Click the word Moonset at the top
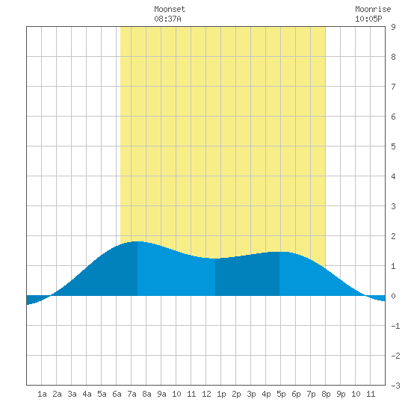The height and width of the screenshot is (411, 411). click(x=170, y=9)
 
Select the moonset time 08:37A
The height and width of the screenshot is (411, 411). click(x=167, y=19)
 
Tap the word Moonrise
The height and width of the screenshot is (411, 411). click(x=373, y=9)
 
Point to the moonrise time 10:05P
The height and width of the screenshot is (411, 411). click(x=368, y=19)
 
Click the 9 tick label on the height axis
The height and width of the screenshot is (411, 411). click(x=393, y=27)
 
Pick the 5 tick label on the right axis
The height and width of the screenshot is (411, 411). click(x=393, y=146)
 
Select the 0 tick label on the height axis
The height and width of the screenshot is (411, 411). click(x=393, y=296)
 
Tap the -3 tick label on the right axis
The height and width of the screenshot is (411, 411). click(x=395, y=386)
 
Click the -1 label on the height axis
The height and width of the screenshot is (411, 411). click(x=395, y=326)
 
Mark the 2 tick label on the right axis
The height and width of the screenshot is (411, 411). click(x=393, y=236)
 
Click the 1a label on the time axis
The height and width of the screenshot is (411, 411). click(x=42, y=394)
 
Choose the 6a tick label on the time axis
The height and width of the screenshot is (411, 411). click(x=117, y=394)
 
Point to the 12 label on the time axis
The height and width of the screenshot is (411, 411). click(x=206, y=394)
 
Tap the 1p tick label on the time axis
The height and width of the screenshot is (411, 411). click(x=221, y=394)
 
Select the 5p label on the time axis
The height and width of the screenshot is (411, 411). click(x=281, y=394)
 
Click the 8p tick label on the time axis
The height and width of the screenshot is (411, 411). click(x=326, y=394)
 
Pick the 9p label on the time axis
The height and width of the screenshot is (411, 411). click(x=341, y=394)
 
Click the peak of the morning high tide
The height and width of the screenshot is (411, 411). click(x=137, y=241)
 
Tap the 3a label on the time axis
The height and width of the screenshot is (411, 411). click(x=72, y=394)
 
